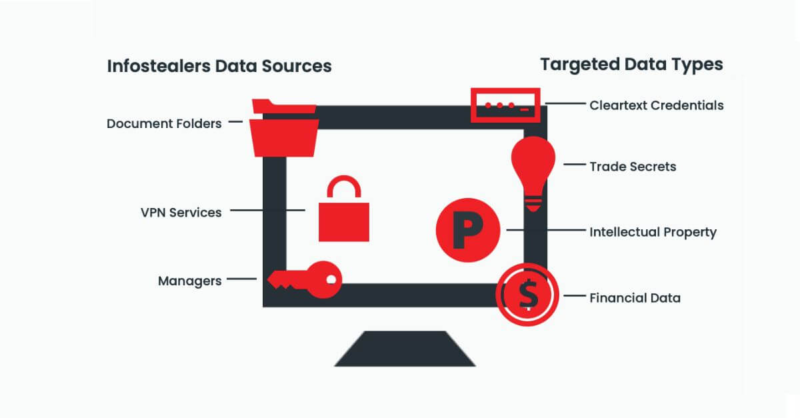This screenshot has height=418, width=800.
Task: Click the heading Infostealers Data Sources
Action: coord(219,66)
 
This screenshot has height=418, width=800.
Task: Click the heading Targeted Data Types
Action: coord(631,65)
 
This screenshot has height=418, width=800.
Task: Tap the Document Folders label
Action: coord(164,123)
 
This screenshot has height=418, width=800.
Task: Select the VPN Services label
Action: coord(181,212)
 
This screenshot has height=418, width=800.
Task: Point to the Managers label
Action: coord(189,281)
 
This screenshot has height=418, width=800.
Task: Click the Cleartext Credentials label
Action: coord(656,105)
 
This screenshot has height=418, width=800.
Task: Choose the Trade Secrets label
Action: coord(632,166)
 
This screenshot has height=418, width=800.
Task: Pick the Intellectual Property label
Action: coord(653,232)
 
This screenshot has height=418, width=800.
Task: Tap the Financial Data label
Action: coord(635,298)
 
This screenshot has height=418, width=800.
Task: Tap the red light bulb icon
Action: coord(533,163)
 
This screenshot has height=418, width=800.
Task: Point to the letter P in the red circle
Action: coord(468,229)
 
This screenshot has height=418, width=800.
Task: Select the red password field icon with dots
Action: coord(505,105)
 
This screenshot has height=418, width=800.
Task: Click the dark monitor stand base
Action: coord(405,349)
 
